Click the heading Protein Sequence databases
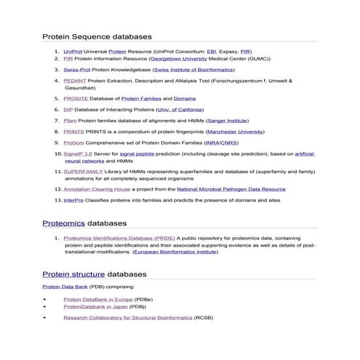point(97,36)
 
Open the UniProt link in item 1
point(73,52)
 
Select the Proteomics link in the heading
point(64,223)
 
